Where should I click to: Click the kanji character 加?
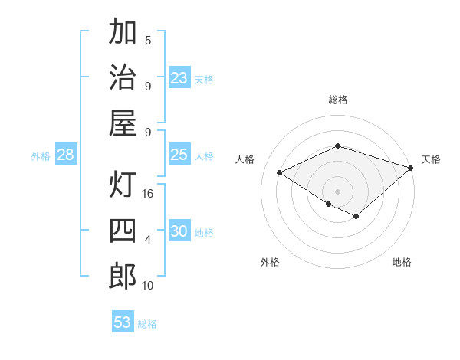(x=123, y=32)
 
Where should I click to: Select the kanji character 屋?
(x=123, y=123)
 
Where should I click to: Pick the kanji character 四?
(x=123, y=231)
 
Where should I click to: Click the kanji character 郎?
(x=123, y=276)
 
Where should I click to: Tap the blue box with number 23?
(x=179, y=78)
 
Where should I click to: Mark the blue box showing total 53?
(x=123, y=322)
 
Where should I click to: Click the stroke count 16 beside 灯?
(x=148, y=194)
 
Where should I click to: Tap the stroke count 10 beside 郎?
(x=148, y=285)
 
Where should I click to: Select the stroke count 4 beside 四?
(x=148, y=239)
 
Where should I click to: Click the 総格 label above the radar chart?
(x=338, y=100)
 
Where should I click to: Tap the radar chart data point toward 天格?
(x=412, y=168)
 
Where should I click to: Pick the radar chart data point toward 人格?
(x=280, y=172)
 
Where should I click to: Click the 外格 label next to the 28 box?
(x=41, y=156)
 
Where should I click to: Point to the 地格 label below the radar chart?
(x=402, y=262)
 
